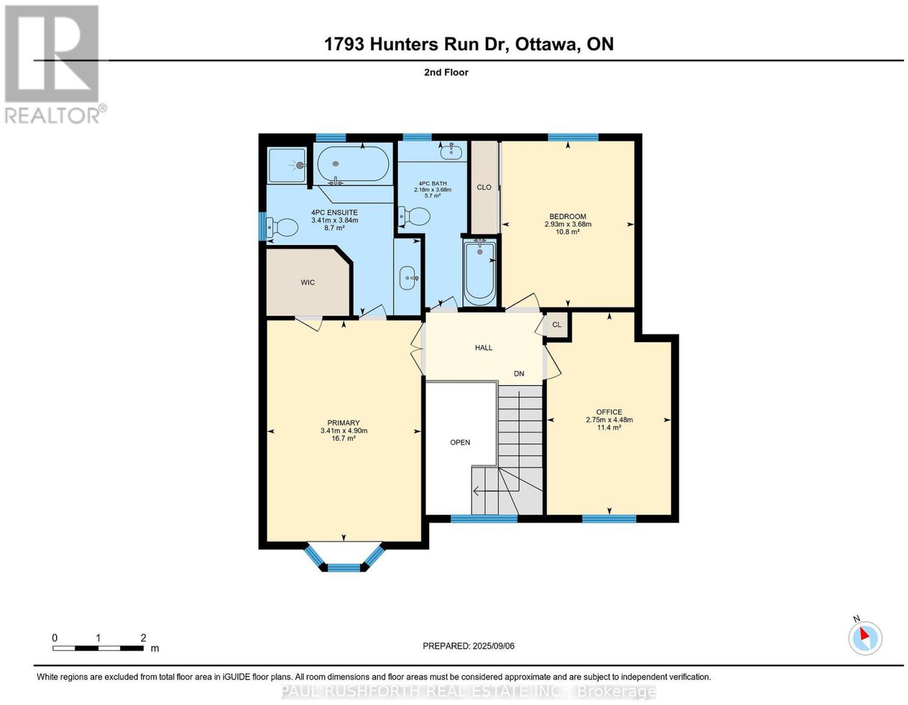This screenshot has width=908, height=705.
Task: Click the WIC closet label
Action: click(308, 282)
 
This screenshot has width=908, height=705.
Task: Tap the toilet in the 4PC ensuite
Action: click(282, 227)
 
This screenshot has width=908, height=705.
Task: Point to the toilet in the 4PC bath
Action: click(414, 216)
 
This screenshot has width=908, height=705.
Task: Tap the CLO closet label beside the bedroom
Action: click(484, 187)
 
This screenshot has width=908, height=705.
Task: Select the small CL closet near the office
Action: click(557, 325)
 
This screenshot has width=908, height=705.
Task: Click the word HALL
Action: click(484, 347)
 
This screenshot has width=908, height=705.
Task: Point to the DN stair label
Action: click(519, 374)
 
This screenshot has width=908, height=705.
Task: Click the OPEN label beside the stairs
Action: click(460, 442)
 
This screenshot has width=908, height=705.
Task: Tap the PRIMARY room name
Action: click(343, 423)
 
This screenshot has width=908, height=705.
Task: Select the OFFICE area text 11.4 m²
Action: click(609, 428)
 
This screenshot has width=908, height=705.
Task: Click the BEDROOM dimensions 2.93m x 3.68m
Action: click(567, 224)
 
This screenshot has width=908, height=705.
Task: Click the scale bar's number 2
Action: click(144, 638)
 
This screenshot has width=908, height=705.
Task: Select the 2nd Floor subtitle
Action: click(446, 72)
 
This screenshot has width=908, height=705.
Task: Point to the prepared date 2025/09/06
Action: click(494, 646)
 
